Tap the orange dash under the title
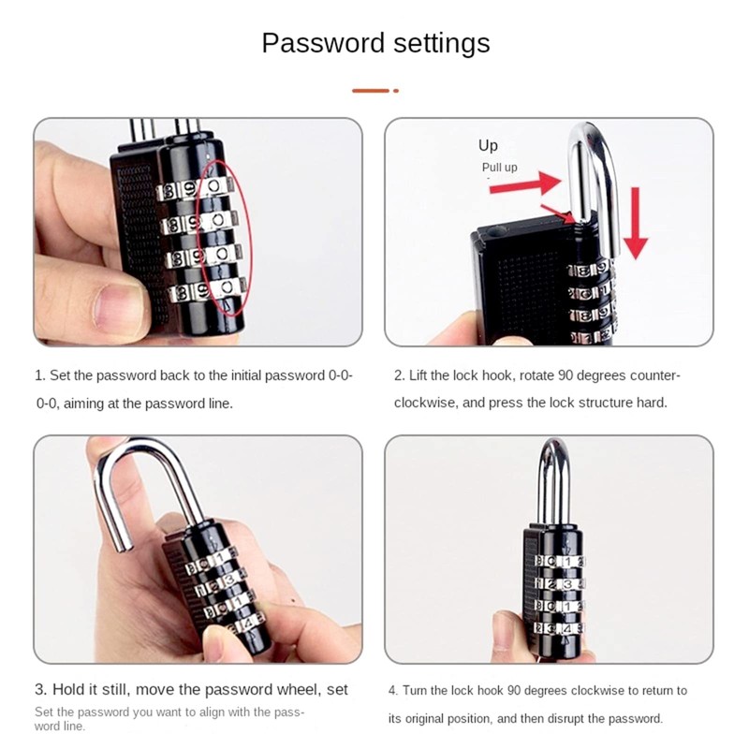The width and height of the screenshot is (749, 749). (x=371, y=91)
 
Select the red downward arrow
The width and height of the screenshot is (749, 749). (x=636, y=221)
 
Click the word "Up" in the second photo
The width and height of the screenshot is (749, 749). (x=488, y=145)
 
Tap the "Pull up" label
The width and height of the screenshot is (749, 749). (x=499, y=168)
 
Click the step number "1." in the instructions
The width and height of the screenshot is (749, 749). (x=40, y=375)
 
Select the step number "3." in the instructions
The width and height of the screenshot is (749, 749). (x=41, y=690)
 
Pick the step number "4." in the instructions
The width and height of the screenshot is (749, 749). (x=394, y=690)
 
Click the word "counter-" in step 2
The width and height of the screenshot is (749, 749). (x=654, y=375)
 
